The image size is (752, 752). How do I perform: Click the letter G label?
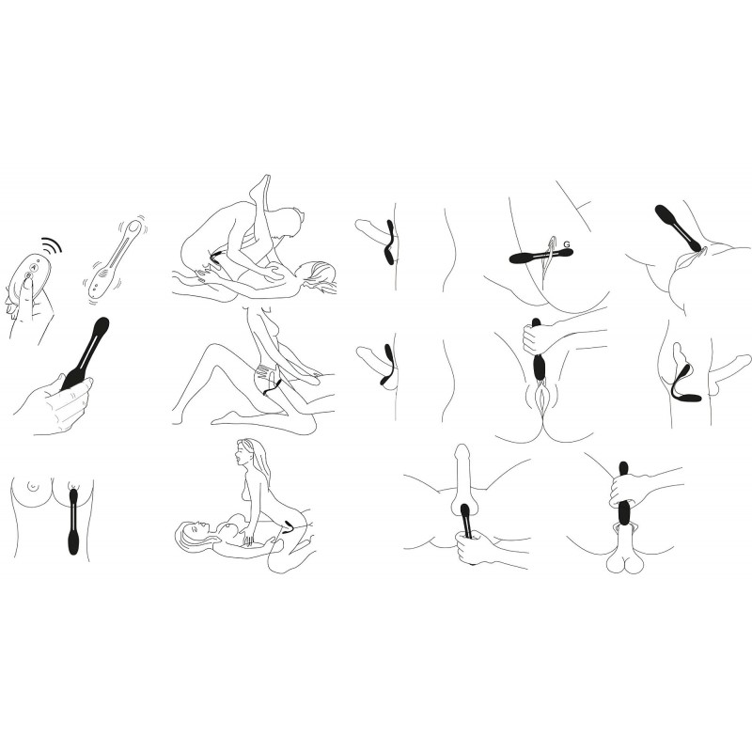(567, 244)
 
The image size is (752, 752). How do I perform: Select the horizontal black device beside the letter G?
(540, 256)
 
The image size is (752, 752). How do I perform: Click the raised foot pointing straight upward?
(261, 186)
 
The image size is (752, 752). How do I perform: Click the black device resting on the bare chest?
(73, 522)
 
